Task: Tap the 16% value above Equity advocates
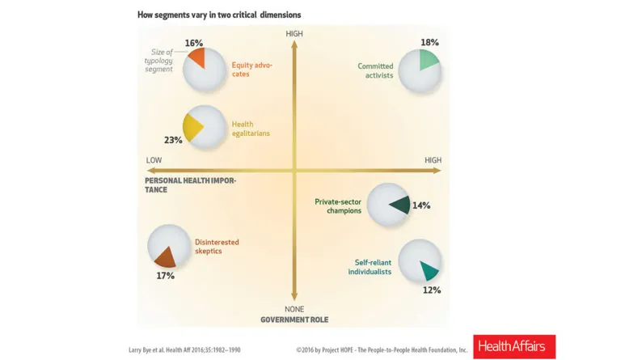(x=193, y=43)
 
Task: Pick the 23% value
(x=173, y=140)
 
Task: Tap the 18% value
(x=429, y=42)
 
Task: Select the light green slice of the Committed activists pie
(x=428, y=61)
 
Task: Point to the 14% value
(x=421, y=205)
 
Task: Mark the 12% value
(x=433, y=290)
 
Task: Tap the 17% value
(x=165, y=276)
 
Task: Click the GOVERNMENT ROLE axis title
(x=294, y=320)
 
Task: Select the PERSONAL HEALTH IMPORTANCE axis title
(x=190, y=184)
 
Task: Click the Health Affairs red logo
(x=514, y=346)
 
